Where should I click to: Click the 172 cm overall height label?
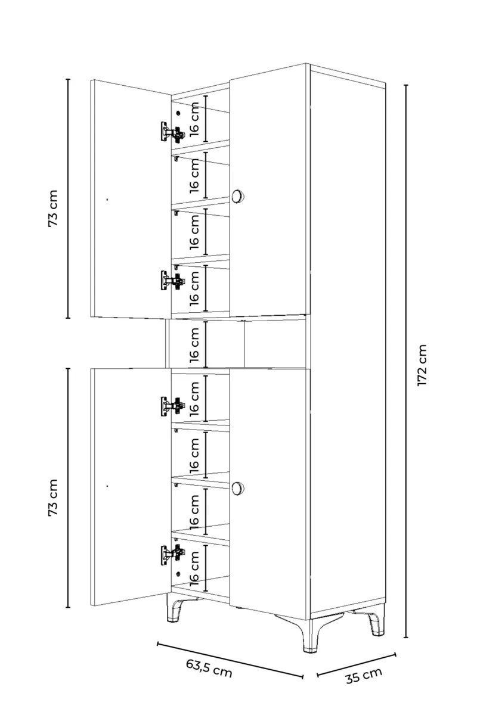tap(422, 365)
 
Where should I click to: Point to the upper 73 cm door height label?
tap(52, 208)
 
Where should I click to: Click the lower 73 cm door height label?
tap(52, 497)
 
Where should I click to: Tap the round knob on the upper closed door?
tap(237, 195)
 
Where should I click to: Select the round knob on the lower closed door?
tap(237, 489)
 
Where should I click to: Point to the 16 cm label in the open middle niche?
tap(194, 345)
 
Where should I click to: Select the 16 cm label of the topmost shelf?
tap(194, 119)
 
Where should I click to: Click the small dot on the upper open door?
tap(107, 200)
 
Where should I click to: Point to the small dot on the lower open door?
tap(107, 486)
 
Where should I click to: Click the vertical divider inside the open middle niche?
tap(244, 344)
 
